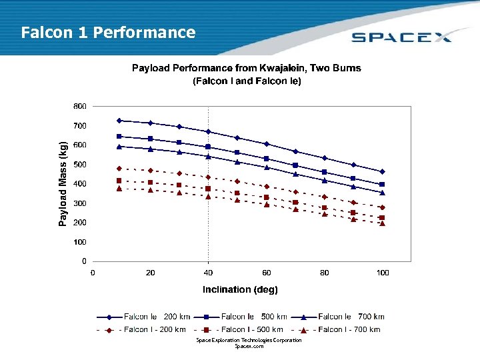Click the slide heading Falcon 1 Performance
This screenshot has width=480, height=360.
(108, 33)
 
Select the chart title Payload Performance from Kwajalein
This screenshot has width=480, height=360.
(247, 68)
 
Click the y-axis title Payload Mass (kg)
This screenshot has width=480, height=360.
(63, 183)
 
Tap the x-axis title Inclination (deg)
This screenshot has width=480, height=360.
(240, 289)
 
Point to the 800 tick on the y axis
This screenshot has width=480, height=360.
(79, 106)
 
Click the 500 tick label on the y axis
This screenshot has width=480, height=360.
(79, 164)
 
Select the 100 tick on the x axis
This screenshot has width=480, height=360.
(383, 272)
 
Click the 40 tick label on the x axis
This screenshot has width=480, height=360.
(209, 272)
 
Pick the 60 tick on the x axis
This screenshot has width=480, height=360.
(267, 272)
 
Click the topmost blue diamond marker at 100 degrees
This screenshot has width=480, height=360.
(383, 171)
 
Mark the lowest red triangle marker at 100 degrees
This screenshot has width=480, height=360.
(383, 223)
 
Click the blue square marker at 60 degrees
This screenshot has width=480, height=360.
(267, 159)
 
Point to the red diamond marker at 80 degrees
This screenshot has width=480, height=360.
(325, 197)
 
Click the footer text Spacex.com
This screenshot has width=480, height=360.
(249, 346)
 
